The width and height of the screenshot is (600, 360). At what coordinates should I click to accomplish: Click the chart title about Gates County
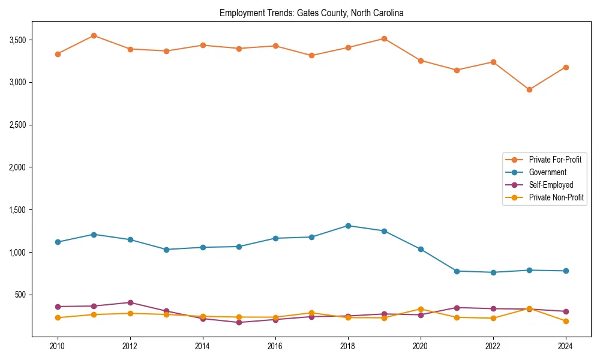pos(311,13)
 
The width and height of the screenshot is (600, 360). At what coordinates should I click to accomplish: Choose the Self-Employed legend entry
pos(551,185)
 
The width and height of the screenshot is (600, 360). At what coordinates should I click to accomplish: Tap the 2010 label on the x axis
pos(58,346)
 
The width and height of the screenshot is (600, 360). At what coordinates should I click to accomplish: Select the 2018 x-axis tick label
pos(347,346)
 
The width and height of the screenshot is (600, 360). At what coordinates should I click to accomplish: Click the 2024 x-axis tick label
pos(565,346)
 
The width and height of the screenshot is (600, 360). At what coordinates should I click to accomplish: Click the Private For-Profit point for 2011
pos(94,35)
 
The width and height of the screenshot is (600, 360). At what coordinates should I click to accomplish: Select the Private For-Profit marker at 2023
pos(529,89)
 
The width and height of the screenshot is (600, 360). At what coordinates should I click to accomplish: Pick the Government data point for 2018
pos(347,226)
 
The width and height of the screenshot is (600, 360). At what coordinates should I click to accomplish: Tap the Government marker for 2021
pos(457,271)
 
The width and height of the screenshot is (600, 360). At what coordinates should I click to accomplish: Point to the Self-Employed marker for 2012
pos(130,302)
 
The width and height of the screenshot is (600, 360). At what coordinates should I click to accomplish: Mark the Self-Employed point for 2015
pos(239,322)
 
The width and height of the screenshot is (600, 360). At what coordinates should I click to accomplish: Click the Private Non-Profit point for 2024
pos(565,321)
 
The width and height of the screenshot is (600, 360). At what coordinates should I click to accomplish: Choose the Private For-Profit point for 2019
pos(384,38)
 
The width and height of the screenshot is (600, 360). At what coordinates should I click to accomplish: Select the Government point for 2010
pos(58,242)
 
